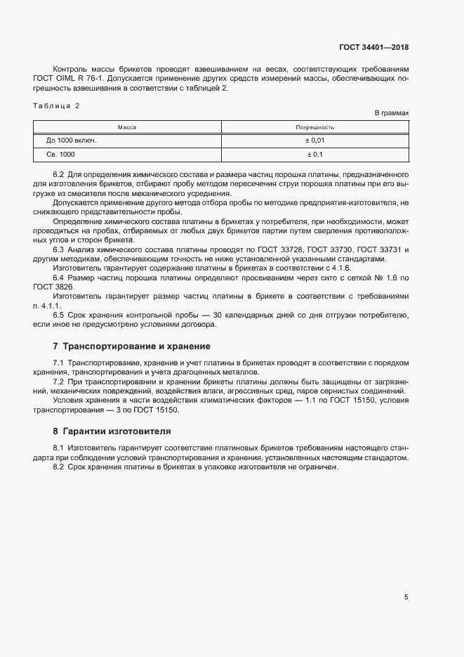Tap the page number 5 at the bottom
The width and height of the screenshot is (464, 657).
[406, 597]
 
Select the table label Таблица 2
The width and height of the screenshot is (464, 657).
[57, 105]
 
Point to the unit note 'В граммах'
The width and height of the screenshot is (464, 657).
[391, 112]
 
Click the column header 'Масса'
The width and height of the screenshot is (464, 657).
[126, 127]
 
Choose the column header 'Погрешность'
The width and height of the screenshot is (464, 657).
[314, 127]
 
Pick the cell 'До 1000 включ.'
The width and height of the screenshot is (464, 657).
[72, 141]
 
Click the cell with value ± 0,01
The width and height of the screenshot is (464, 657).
[314, 141]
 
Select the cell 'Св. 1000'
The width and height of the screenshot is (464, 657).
[61, 154]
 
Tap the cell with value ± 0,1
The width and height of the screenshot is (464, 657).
[314, 154]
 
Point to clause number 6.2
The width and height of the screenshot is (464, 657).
[59, 174]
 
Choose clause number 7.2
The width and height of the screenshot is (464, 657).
[59, 381]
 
